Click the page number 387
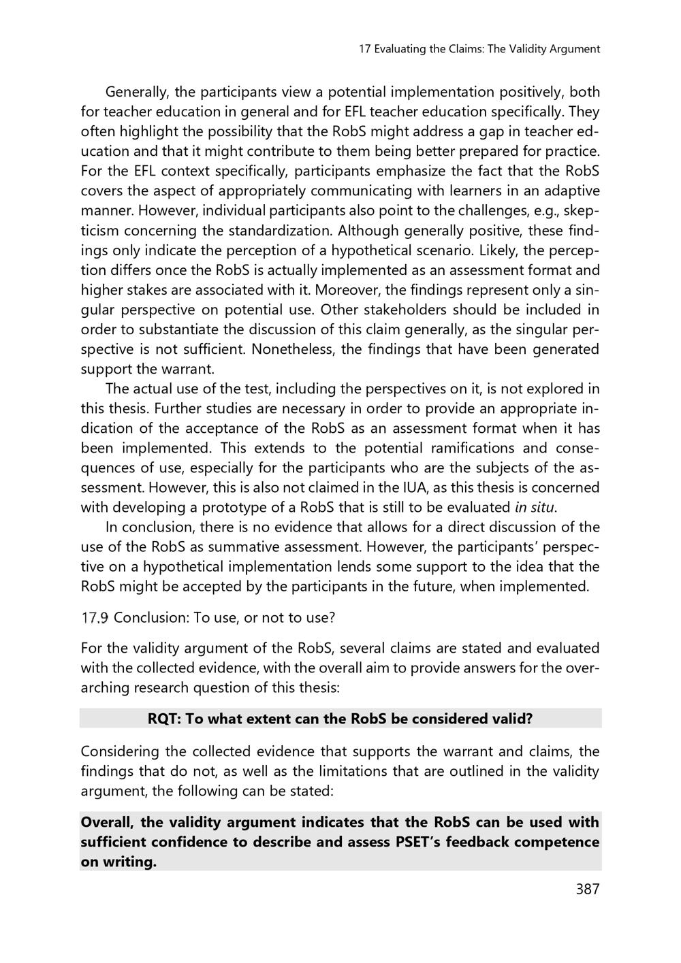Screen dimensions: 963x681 587,889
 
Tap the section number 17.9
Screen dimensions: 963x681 95,618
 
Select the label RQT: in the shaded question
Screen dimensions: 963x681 165,719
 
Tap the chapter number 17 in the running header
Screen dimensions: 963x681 364,49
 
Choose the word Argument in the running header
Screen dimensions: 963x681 575,49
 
